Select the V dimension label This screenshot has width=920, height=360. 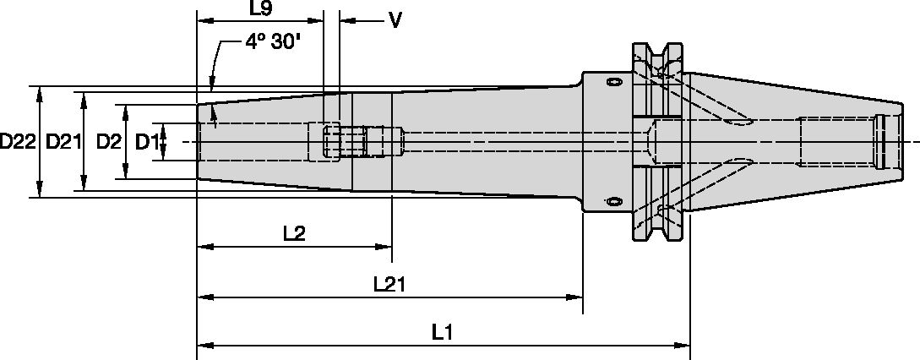394,19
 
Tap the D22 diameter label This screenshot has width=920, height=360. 17,142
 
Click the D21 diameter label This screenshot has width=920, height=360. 63,142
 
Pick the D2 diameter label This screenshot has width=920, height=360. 107,142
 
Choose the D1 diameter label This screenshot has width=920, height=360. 147,142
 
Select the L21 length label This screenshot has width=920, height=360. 389,285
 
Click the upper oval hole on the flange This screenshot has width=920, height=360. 612,83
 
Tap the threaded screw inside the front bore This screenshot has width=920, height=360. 351,141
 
